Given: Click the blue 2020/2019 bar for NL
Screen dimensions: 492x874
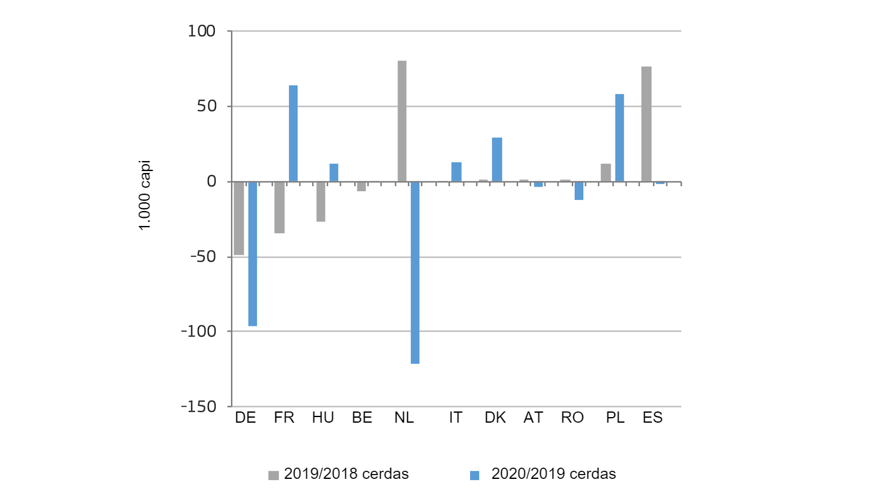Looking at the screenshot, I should coord(415,272).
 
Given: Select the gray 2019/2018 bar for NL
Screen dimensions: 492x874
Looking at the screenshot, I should coord(402,121).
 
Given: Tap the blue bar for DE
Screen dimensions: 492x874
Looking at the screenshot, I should coord(253,253).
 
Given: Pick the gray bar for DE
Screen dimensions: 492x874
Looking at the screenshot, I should coord(239,218).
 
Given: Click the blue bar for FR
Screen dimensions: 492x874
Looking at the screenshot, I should coord(293,134).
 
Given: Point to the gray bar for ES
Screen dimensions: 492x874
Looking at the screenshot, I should coord(646,124).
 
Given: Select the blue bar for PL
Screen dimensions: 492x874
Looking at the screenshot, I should coord(619,138).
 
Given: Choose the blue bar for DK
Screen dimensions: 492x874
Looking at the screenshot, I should coord(497,160).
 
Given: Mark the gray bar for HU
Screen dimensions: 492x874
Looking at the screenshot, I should coord(321,202).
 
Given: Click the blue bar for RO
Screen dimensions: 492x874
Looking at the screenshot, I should coord(579,190).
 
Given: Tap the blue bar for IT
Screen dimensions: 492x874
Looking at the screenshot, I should coord(456,172).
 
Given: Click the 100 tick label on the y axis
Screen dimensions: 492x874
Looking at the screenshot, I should coord(202,31).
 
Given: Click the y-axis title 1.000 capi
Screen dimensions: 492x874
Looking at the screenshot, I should coord(144,196).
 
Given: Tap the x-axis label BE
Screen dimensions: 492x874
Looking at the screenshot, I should coord(362,418).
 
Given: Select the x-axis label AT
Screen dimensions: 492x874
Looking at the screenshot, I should coord(533,418).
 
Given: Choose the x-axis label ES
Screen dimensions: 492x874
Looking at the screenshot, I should coord(652,418).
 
